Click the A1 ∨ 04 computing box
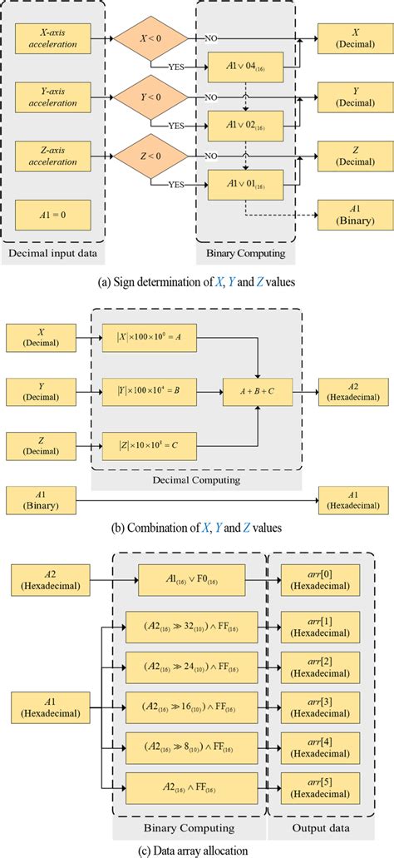[246, 67]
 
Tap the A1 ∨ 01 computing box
[246, 185]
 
